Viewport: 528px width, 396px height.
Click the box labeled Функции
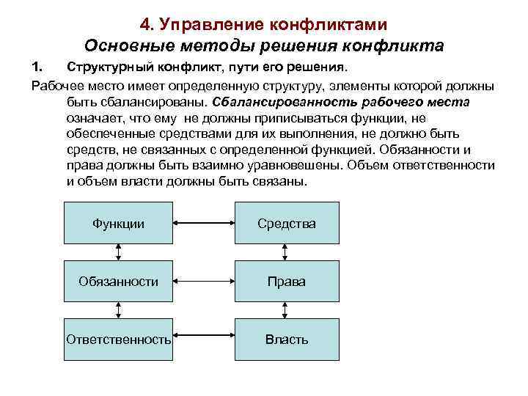point(119,222)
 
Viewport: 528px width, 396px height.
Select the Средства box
point(287,222)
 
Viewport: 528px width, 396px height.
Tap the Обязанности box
point(119,281)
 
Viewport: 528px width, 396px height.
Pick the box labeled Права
point(287,281)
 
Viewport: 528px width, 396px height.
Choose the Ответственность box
point(119,340)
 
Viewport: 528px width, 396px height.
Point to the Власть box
point(287,340)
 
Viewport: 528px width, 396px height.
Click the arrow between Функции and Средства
point(203,222)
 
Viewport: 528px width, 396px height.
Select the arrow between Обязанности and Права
point(203,281)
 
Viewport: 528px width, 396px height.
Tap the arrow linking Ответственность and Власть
point(203,340)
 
